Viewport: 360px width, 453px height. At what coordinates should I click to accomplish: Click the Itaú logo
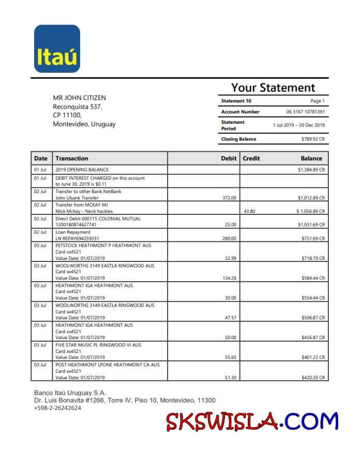pos(57,49)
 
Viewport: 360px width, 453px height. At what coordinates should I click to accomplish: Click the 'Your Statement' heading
pos(273,87)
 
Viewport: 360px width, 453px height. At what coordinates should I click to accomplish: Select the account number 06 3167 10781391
pos(305,112)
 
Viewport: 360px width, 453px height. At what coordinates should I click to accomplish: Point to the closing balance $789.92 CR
pos(313,139)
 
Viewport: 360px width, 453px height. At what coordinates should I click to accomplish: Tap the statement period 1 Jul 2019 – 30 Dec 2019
pos(299,125)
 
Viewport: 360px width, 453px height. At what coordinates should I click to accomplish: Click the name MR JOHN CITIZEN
pos(79,98)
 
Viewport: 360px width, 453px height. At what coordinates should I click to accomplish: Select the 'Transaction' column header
pos(72,158)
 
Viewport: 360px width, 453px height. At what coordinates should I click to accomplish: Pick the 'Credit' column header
pos(251,158)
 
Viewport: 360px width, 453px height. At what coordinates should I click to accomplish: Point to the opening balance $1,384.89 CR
pos(311,170)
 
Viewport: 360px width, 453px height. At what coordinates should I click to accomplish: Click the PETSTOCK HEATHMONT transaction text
pos(103,245)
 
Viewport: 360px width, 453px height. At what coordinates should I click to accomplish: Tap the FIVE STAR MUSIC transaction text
pos(98,344)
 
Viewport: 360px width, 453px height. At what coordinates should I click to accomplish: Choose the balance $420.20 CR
pos(313,378)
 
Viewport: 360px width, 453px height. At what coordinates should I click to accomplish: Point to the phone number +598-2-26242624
pos(57,408)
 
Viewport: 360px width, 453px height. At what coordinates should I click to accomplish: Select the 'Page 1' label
pos(318,101)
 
